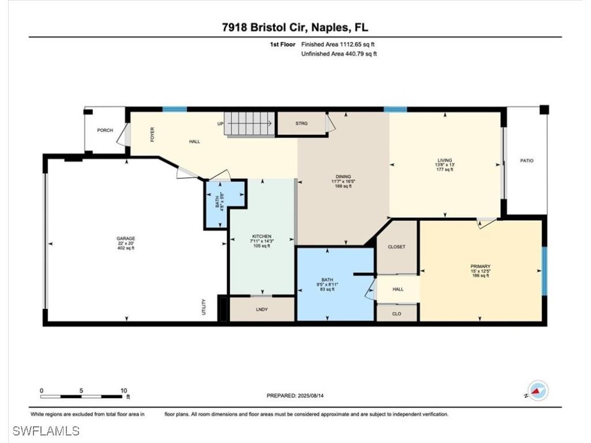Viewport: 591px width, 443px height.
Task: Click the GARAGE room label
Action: tap(125, 238)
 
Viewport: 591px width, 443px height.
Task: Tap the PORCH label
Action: tap(104, 130)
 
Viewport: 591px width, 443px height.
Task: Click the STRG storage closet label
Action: tap(301, 123)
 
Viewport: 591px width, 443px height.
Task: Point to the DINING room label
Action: tap(343, 177)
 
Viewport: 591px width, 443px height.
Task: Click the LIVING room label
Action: tap(444, 160)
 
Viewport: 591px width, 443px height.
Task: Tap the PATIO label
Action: tap(526, 160)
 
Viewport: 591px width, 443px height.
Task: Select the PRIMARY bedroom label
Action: tap(480, 266)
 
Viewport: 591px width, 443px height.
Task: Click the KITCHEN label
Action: tap(261, 236)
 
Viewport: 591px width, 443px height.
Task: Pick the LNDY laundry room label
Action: tap(262, 309)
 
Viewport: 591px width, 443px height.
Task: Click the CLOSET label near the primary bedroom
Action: tap(397, 247)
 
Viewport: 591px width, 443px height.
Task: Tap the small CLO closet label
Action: tap(397, 314)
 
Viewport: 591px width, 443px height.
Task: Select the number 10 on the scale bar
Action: tap(124, 391)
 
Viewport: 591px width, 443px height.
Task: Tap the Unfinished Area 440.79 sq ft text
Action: tap(339, 54)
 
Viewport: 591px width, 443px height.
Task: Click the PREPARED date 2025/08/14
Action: tap(299, 396)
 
